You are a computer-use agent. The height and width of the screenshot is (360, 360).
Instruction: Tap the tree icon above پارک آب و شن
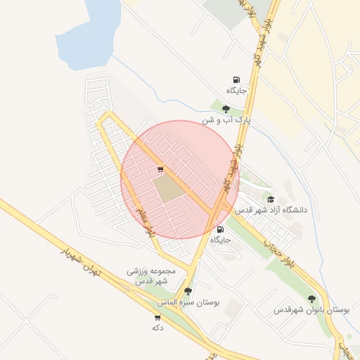(x=226, y=109)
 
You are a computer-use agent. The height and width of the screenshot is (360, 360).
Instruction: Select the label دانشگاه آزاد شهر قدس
(x=270, y=210)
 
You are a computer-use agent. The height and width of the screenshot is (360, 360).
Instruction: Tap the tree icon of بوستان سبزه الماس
(x=187, y=290)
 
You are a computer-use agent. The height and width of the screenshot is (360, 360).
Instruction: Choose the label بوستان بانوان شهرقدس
(x=311, y=309)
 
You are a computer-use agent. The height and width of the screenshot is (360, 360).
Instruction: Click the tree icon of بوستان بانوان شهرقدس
(x=311, y=299)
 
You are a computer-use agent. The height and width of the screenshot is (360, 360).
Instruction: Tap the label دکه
(x=157, y=328)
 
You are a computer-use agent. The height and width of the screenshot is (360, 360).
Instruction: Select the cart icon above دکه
(x=157, y=317)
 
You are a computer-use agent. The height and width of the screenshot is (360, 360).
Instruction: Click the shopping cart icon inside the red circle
(x=161, y=169)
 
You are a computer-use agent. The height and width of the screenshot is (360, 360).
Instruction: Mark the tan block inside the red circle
(x=167, y=188)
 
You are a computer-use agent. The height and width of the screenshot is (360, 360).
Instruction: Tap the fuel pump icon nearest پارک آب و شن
(x=236, y=80)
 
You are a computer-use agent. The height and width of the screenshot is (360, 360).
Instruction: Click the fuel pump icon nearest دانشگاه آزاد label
(x=221, y=229)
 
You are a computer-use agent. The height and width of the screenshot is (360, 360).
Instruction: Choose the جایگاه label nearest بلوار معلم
(x=220, y=240)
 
